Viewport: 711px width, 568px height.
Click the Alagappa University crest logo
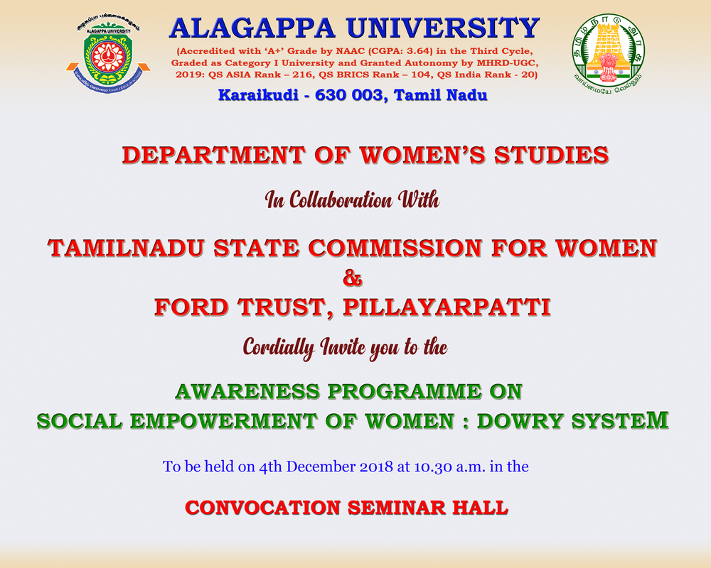(x=107, y=55)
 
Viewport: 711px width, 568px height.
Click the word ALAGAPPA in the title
(x=252, y=28)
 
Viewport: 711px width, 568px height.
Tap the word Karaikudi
(x=258, y=95)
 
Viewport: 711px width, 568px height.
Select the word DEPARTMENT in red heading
(x=213, y=155)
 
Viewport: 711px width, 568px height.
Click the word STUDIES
(x=552, y=155)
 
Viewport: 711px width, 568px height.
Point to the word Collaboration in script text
(x=341, y=200)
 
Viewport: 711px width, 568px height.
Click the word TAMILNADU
(x=125, y=248)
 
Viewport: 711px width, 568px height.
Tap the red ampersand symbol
(x=353, y=278)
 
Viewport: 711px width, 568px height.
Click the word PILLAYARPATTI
(x=447, y=307)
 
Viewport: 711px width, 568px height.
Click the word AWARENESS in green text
(x=247, y=392)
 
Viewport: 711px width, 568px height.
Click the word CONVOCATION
(x=262, y=508)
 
